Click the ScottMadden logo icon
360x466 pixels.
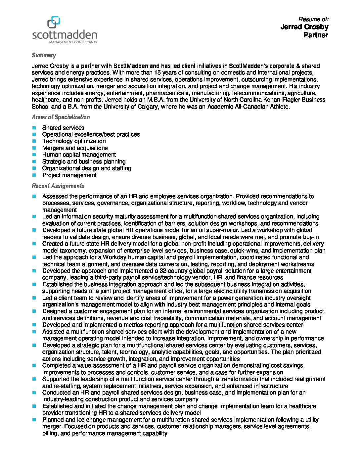coord(54,23)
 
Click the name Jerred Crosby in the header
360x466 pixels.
coord(304,27)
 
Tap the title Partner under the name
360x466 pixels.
coord(316,35)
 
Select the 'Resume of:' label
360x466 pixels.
coord(313,19)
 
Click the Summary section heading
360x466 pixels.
coord(44,55)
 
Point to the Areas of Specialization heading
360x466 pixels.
coord(61,117)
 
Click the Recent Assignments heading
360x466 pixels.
coord(58,186)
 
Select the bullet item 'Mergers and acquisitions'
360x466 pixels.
coord(75,148)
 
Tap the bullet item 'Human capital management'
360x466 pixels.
coord(79,155)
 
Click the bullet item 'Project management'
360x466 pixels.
coord(69,175)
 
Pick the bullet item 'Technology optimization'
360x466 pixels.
coord(74,141)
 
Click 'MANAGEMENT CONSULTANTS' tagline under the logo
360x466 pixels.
coord(73,42)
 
